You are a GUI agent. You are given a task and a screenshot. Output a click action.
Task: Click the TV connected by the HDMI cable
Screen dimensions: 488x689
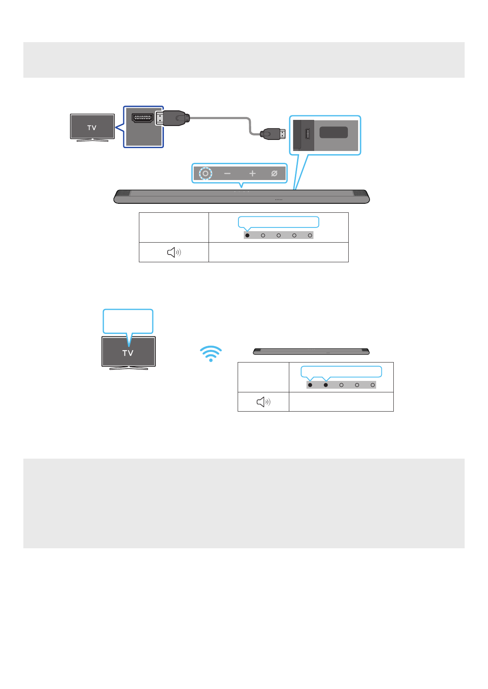(92, 127)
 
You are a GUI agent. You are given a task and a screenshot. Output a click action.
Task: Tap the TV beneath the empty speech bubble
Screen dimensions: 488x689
(128, 352)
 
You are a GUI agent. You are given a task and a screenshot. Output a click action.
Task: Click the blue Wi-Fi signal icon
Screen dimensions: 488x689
(211, 354)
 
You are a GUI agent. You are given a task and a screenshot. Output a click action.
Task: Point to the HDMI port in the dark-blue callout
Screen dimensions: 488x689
(142, 118)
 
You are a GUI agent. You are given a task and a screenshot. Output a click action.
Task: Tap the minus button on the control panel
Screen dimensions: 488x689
(227, 173)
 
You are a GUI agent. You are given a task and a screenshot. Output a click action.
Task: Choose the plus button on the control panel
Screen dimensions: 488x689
(252, 173)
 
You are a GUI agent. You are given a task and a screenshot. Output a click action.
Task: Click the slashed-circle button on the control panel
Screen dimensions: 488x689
(274, 173)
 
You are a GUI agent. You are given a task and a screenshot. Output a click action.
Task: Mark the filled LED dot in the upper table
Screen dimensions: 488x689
(247, 235)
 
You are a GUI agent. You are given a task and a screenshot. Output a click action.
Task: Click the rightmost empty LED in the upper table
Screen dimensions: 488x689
(310, 235)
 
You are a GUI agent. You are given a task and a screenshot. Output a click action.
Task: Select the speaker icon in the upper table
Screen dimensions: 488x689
(174, 252)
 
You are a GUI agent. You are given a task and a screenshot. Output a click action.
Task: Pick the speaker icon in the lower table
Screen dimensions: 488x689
(263, 402)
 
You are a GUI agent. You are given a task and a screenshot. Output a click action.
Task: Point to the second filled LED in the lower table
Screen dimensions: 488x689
(326, 385)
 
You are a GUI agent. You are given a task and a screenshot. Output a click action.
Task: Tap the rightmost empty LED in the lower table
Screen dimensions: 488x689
(372, 385)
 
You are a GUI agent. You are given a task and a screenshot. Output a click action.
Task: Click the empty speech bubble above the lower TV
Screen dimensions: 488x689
(128, 321)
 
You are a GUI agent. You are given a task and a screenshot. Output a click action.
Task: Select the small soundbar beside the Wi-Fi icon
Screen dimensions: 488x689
(311, 351)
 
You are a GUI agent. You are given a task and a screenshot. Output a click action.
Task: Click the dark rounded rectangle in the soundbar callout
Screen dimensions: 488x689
(334, 132)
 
